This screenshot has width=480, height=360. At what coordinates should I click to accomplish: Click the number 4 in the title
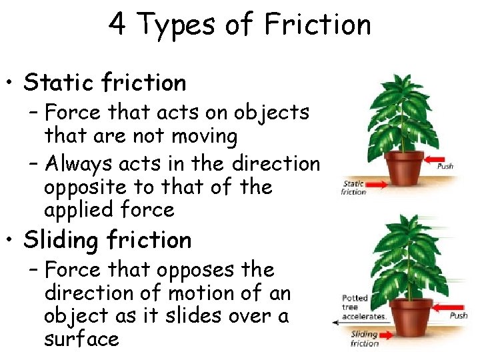117,25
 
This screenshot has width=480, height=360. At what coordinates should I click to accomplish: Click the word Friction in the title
317,25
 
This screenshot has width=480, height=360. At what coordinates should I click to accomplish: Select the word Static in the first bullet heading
59,83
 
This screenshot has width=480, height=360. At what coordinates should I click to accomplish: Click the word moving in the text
205,137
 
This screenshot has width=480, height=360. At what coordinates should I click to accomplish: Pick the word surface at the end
81,339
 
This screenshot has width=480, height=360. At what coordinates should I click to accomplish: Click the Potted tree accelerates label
363,307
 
